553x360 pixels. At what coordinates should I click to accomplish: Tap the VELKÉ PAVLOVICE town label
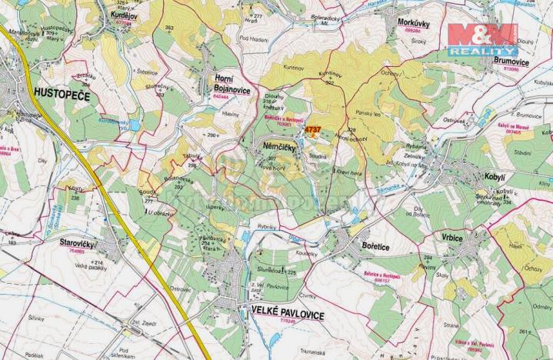pos(288,315)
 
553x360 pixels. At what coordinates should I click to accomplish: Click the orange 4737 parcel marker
pos(311,131)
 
